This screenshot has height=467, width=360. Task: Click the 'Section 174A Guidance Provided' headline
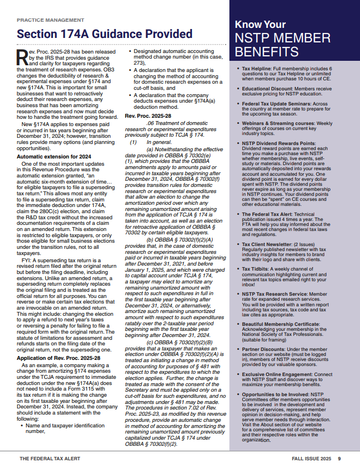pos(104,34)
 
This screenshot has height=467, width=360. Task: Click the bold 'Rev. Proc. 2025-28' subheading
pos(148,115)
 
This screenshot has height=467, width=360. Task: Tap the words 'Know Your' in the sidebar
pos(260,25)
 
